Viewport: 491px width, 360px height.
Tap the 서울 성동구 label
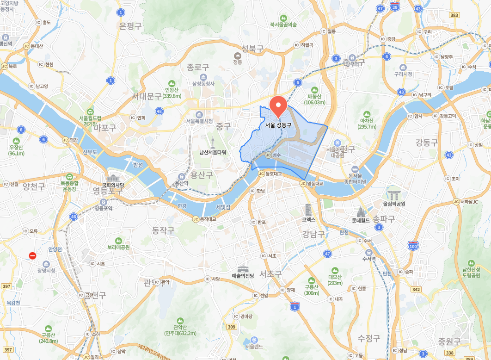[x=278, y=125]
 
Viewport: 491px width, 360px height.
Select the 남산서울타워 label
[x=213, y=152]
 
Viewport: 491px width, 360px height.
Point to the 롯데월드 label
[x=361, y=221]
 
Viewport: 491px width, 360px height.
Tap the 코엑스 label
[x=308, y=219]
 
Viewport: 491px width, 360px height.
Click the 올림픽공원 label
[x=393, y=204]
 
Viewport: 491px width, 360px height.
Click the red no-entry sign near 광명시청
[x=32, y=255]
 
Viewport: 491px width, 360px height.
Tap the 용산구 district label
[x=202, y=174]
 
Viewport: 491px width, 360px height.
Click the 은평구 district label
[x=130, y=26]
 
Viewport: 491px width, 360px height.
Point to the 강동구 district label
[x=426, y=143]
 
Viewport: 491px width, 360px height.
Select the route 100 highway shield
[x=413, y=246]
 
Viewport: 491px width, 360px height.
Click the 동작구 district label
[x=164, y=230]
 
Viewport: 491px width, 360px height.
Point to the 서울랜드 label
[x=254, y=347]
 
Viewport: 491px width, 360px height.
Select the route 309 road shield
[x=232, y=327]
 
